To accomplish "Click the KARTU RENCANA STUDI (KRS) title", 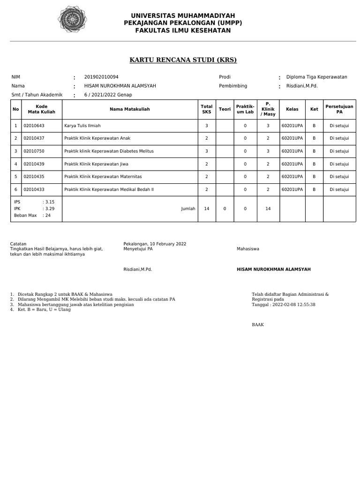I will tap(183, 60).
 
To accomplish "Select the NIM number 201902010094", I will tap(101, 77).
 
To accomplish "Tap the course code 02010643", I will tap(34, 126).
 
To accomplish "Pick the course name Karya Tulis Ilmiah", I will tap(82, 126).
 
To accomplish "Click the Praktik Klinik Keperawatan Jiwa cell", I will tap(96, 164).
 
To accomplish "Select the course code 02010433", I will tap(34, 189).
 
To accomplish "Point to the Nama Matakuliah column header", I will tap(130, 109).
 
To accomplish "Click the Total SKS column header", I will tap(207, 109).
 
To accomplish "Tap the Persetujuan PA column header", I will tap(339, 109).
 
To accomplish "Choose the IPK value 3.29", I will tap(50, 209).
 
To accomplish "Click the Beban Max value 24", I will tap(48, 216).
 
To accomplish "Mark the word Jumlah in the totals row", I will tap(188, 209).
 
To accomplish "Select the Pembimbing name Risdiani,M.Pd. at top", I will tap(302, 86).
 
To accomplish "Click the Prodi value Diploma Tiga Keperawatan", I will tap(316, 77).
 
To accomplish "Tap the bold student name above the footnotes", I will tap(274, 270).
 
